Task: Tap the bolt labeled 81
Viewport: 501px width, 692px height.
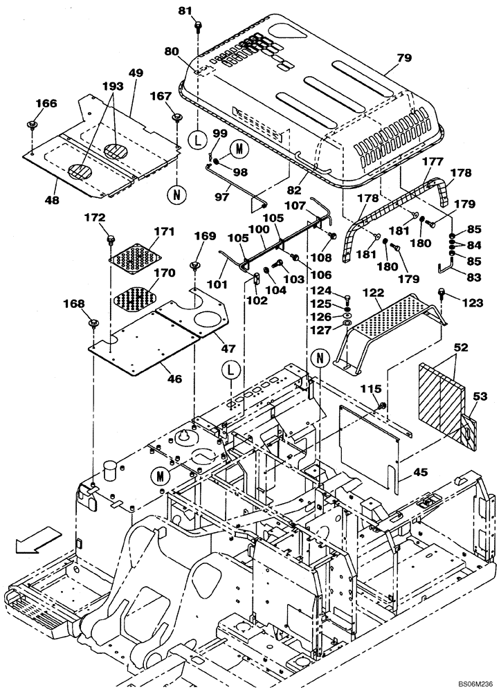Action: [199, 26]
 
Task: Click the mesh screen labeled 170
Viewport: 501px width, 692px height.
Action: [137, 298]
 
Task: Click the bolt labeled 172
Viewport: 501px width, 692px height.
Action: [111, 239]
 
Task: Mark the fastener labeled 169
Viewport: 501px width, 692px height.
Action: [195, 266]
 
